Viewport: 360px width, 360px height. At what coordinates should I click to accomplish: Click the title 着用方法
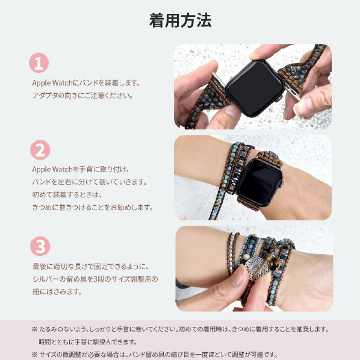pos(180,20)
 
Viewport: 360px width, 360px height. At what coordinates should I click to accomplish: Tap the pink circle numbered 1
pos(39,63)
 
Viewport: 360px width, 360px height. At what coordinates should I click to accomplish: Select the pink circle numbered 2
pos(40,150)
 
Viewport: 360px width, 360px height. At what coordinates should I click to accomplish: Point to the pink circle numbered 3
pos(40,246)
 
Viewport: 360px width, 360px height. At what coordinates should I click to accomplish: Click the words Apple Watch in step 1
pos(52,83)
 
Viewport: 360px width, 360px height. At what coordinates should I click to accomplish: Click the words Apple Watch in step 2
pos(52,169)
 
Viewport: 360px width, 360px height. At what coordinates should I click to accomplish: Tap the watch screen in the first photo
pos(255,88)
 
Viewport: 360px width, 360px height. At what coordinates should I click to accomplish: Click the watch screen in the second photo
pos(260,182)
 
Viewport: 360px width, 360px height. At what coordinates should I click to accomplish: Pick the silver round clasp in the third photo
pos(255,268)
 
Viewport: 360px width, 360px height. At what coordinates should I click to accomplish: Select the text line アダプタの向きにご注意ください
pos(82,95)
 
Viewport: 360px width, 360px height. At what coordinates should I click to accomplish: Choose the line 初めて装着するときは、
pos(67,194)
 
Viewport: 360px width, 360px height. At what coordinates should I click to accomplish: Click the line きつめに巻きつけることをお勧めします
pos(93,207)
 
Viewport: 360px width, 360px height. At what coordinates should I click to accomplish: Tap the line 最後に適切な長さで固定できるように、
pos(91,267)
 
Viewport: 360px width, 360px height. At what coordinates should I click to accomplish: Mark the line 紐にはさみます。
pos(57,292)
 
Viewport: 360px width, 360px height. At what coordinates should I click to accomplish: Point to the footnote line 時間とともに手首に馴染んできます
pos(88,342)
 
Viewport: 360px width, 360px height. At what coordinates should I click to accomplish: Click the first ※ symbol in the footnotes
pos(34,329)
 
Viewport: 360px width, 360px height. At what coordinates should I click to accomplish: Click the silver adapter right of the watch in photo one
pos(292,92)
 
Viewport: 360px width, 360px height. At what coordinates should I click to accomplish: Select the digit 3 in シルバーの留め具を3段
pos(95,279)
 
